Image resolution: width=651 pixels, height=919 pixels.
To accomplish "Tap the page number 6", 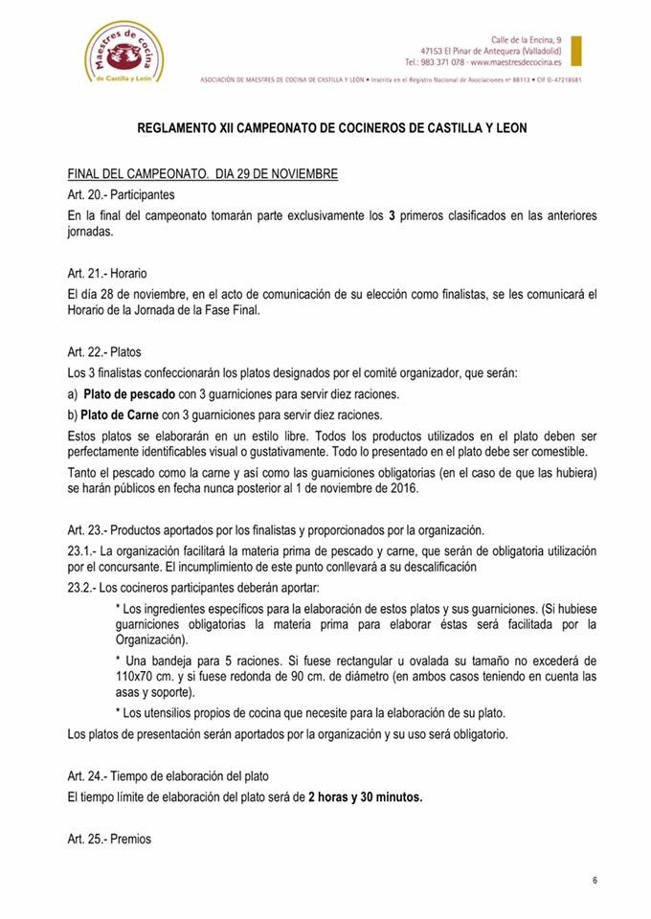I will tap(595, 881).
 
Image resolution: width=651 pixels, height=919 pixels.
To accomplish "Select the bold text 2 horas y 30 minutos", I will tap(365, 797).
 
